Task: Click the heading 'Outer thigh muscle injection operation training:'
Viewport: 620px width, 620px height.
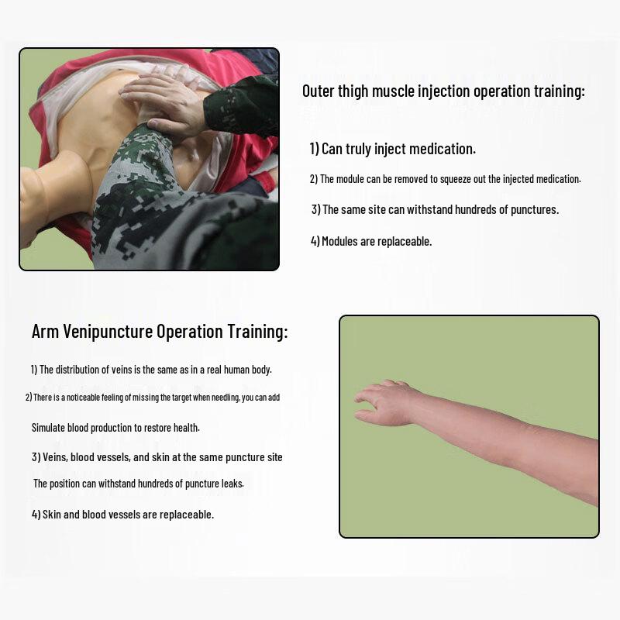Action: [x=443, y=91]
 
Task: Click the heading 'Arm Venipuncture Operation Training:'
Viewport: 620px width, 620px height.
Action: [x=160, y=332]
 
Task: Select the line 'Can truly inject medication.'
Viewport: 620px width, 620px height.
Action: [x=393, y=149]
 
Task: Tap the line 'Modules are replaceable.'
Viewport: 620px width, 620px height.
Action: [x=371, y=241]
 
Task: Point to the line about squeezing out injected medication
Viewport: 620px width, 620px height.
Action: [x=445, y=179]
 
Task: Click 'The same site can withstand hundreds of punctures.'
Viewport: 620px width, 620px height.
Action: [x=435, y=209]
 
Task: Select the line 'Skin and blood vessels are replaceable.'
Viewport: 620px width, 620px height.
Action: [x=122, y=514]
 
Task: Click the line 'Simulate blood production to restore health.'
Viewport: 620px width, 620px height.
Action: [x=115, y=427]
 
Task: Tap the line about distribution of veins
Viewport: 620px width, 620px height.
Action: [x=151, y=370]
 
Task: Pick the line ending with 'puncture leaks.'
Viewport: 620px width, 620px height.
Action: [x=138, y=484]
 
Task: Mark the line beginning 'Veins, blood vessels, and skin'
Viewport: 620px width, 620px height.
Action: [x=157, y=457]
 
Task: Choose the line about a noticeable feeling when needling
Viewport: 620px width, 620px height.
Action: [x=152, y=398]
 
